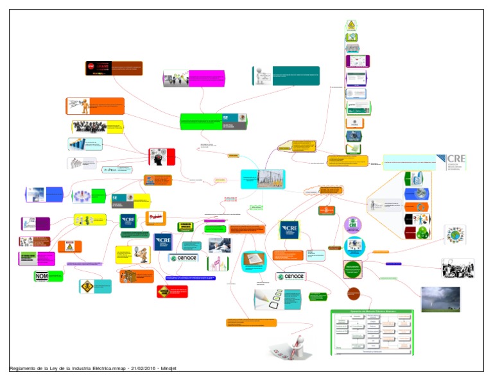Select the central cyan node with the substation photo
click(x=262, y=179)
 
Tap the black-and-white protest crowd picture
click(x=458, y=267)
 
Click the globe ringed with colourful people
click(x=457, y=234)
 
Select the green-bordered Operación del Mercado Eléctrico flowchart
click(x=372, y=332)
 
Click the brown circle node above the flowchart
click(x=354, y=294)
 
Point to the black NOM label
click(x=41, y=276)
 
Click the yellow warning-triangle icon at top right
click(x=351, y=25)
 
